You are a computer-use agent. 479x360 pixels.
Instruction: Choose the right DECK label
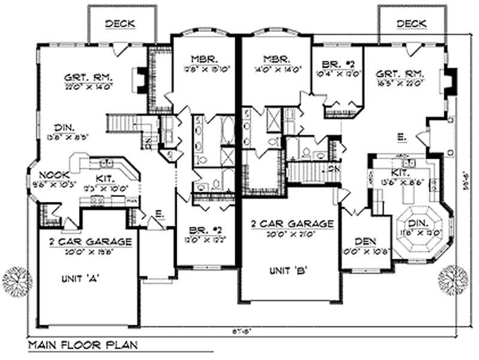pos(411,23)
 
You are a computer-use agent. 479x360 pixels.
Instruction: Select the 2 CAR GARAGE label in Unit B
pos(292,223)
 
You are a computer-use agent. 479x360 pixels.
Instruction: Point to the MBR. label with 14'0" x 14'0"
pos(275,60)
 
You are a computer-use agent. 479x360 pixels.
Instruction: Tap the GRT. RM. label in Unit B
pos(400,74)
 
